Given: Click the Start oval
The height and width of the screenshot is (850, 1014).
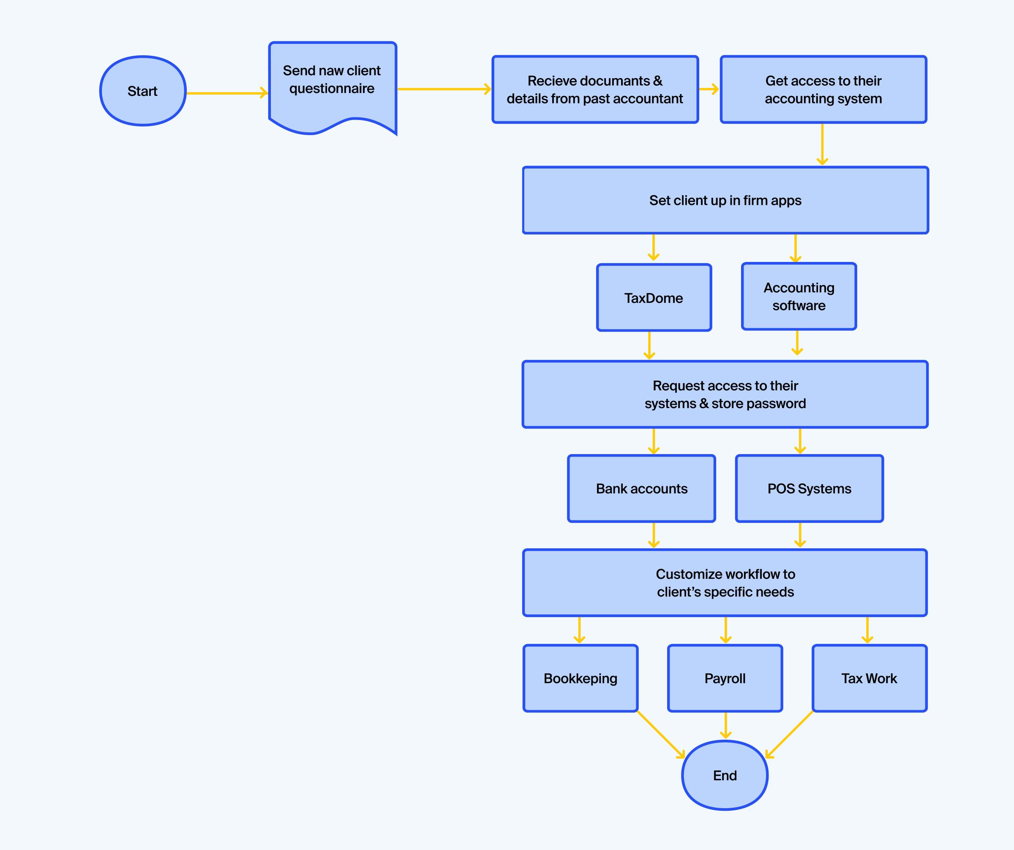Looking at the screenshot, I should (143, 91).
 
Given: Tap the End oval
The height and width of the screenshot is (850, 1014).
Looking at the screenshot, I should (725, 775).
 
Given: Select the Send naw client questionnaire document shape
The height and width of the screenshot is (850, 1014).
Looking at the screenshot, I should (333, 84).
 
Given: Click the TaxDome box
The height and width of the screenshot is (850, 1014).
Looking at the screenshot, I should (654, 298).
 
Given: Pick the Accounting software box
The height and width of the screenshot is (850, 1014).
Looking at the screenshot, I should (799, 297).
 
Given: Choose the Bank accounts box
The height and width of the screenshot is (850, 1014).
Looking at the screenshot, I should (641, 488).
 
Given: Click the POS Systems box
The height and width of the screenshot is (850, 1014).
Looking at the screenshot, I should (809, 488).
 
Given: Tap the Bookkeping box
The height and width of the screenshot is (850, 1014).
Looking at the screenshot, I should (581, 678).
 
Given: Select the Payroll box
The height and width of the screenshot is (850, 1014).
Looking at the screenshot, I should (725, 678).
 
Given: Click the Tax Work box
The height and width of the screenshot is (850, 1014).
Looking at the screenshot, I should (869, 678).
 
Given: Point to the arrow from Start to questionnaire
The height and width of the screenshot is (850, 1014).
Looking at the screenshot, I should (227, 93).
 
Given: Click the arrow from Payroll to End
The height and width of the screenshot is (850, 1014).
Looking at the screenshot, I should (725, 725).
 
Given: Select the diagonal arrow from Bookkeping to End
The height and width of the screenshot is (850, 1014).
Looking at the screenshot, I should (660, 734).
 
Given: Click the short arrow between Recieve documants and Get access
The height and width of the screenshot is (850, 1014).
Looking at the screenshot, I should (709, 89).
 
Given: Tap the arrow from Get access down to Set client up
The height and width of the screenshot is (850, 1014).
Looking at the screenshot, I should (822, 144).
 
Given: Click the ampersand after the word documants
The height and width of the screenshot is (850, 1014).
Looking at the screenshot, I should (658, 81).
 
